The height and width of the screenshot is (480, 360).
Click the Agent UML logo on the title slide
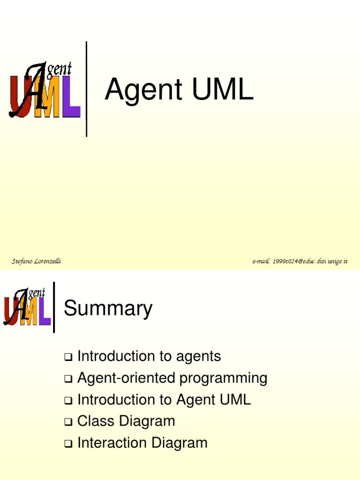point(45,90)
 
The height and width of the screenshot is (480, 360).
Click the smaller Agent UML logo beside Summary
point(27,307)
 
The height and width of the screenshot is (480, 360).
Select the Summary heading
point(108,308)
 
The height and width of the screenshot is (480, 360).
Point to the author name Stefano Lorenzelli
point(37,261)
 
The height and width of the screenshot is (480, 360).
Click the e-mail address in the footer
point(300,261)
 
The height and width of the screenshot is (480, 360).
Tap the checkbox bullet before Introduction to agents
point(68,358)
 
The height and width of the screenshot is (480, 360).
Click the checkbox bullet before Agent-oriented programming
point(68,379)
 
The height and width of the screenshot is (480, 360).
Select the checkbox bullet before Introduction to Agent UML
point(68,401)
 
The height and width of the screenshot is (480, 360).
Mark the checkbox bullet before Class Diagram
point(68,422)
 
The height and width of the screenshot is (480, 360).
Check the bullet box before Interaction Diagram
point(68,444)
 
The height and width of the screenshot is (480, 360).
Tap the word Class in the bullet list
point(96,421)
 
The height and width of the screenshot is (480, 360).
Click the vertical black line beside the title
point(86,89)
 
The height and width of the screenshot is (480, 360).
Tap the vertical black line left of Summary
point(54,307)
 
